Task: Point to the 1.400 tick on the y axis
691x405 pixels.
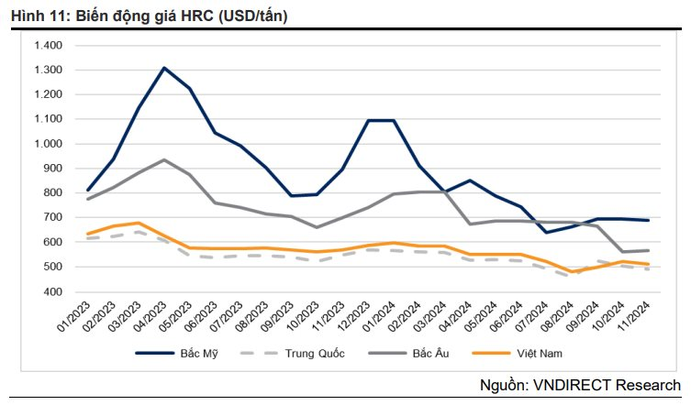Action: [x=47, y=45]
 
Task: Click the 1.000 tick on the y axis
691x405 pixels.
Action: [x=47, y=144]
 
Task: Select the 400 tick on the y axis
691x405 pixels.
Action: [x=51, y=291]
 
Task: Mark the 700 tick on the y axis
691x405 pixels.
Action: [x=51, y=217]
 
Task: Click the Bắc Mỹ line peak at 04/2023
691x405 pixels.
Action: [x=164, y=68]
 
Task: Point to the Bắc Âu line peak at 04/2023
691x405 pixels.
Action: [x=164, y=159]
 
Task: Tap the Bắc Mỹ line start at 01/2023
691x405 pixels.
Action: [x=88, y=191]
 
